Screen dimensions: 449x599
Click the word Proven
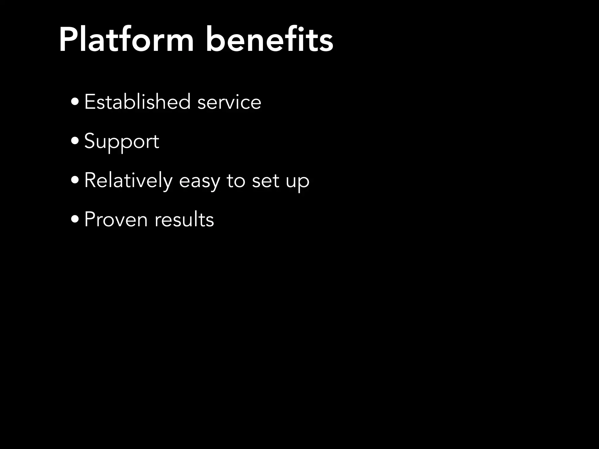(x=116, y=220)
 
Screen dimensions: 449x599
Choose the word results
(x=184, y=220)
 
